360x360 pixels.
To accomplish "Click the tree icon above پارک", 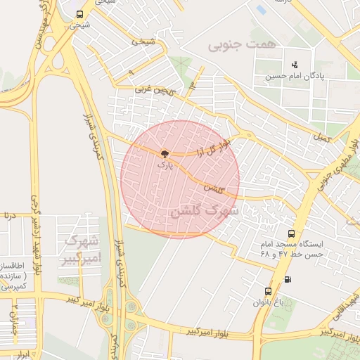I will pyautogui.click(x=164, y=153).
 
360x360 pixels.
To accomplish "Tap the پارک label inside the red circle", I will pyautogui.click(x=164, y=165).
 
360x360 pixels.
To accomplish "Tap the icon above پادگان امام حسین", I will pyautogui.click(x=293, y=66).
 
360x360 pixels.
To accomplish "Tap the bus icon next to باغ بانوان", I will pyautogui.click(x=267, y=291).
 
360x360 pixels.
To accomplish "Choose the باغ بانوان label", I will pyautogui.click(x=269, y=303).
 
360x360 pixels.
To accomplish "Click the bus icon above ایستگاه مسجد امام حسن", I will pyautogui.click(x=291, y=233).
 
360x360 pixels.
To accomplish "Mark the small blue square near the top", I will pyautogui.click(x=262, y=10).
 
